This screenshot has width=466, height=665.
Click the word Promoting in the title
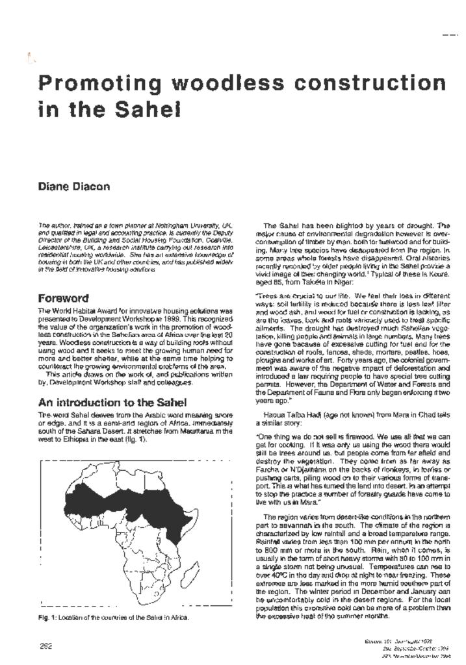(x=94, y=84)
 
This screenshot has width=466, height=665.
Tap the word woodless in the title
(x=215, y=84)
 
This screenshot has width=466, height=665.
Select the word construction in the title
(x=365, y=84)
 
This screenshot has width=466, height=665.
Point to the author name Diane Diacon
(x=73, y=186)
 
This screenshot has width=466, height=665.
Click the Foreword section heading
(x=63, y=299)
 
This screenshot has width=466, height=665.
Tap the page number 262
(x=46, y=646)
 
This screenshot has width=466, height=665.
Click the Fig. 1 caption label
(x=49, y=617)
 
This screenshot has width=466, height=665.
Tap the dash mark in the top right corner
(x=449, y=34)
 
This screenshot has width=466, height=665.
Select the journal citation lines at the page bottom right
(x=416, y=647)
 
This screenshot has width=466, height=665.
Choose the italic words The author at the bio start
(x=50, y=225)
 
